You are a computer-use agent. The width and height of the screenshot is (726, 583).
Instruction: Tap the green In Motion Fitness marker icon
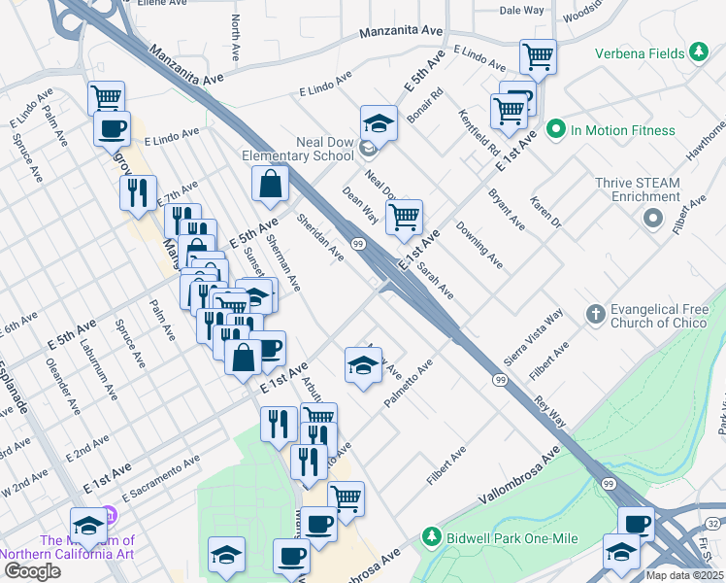(556, 129)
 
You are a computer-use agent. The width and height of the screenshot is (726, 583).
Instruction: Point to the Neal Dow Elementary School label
(300, 149)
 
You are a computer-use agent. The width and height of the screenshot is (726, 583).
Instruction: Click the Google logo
(32, 571)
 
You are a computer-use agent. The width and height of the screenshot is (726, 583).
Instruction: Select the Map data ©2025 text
(684, 575)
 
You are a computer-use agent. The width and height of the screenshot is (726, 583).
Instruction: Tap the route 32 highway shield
(713, 524)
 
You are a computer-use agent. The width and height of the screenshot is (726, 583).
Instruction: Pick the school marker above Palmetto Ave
(363, 366)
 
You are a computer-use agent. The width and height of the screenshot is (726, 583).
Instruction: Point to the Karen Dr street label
(544, 212)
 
